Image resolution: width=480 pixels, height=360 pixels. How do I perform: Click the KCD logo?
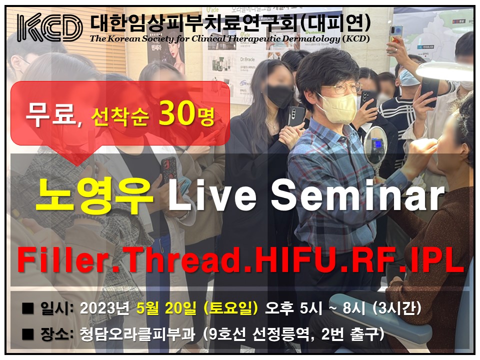click(x=50, y=27)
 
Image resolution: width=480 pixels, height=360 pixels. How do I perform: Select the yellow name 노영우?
click(x=94, y=195)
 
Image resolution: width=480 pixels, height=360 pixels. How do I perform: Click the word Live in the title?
click(x=212, y=194)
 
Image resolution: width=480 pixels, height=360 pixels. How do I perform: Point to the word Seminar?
click(x=357, y=194)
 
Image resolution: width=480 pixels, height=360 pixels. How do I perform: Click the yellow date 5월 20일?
click(x=166, y=308)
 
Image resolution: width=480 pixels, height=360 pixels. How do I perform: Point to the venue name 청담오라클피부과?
click(x=137, y=334)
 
